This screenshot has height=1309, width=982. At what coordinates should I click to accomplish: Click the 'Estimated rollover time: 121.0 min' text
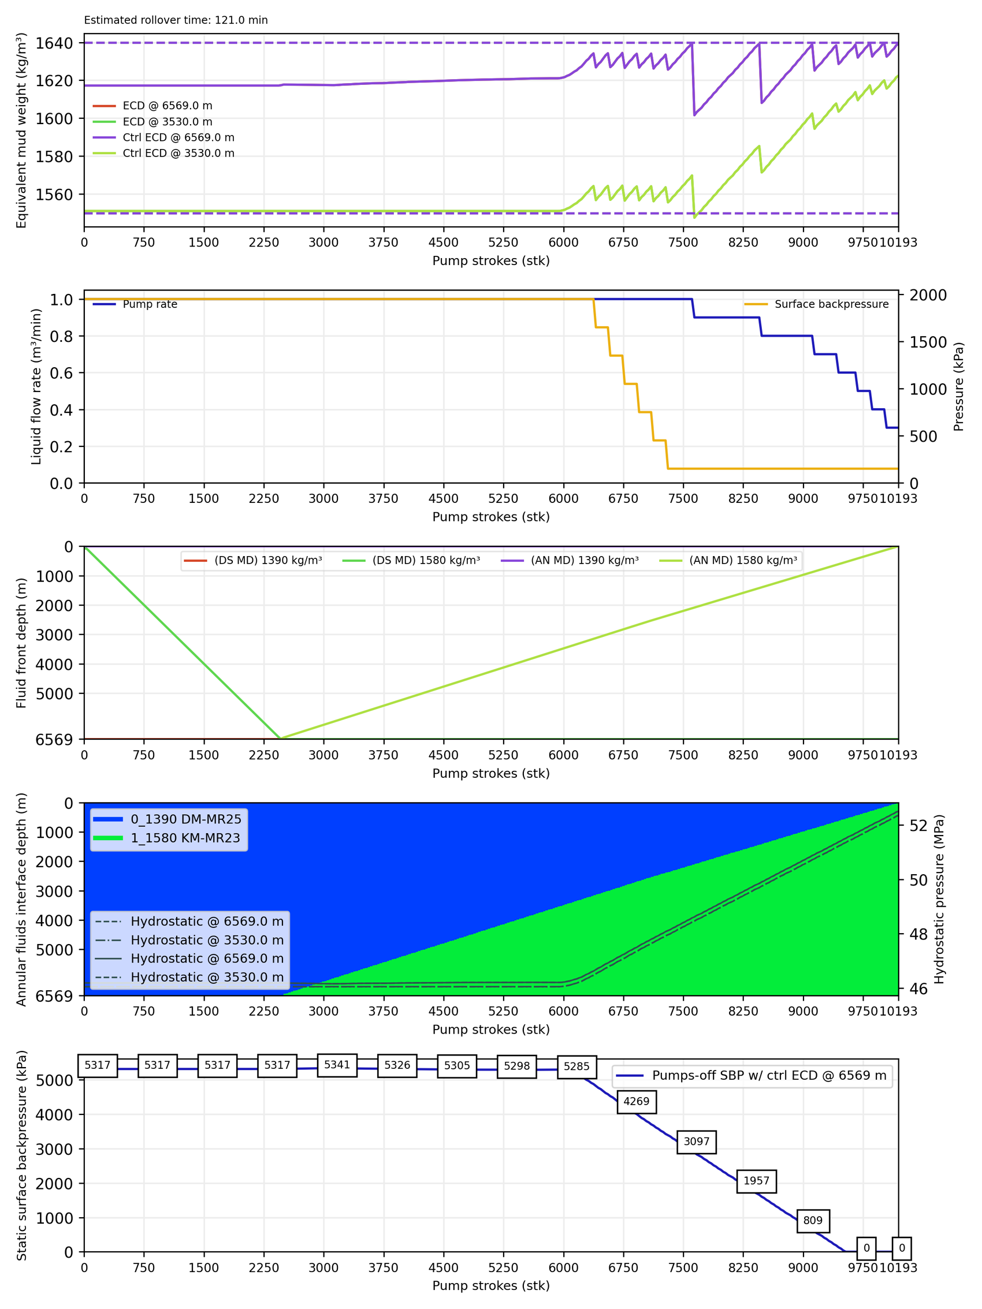click(176, 20)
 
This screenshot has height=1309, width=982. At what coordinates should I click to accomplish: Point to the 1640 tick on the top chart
click(54, 43)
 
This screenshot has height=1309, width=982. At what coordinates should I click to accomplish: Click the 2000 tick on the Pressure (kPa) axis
click(928, 295)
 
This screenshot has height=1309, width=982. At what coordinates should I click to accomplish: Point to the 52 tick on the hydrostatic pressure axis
click(918, 826)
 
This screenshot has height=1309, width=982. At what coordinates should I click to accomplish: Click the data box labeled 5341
click(337, 1065)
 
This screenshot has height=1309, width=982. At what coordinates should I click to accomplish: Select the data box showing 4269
click(637, 1101)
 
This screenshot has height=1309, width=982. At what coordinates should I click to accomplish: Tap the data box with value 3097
click(696, 1142)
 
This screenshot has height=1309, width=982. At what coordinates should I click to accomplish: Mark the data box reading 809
click(813, 1220)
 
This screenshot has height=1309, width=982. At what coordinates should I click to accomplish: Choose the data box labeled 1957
click(756, 1181)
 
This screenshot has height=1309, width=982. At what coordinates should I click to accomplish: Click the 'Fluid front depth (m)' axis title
click(21, 643)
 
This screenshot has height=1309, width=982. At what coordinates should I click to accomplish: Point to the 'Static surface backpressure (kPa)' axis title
click(21, 1155)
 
